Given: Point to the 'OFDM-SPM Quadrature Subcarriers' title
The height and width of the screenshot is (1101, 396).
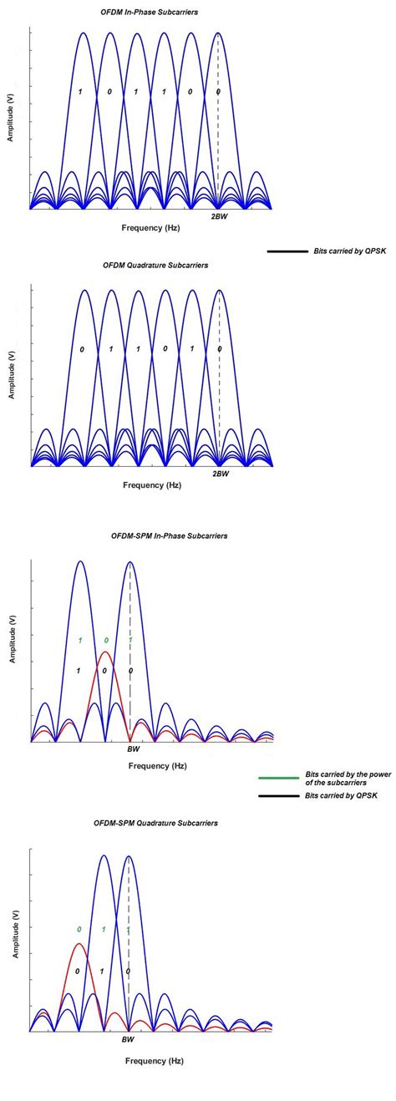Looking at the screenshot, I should [x=156, y=823].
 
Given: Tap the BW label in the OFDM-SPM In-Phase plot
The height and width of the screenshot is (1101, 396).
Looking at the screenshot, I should [x=133, y=749].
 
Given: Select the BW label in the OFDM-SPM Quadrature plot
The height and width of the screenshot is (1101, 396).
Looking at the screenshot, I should [x=128, y=1039].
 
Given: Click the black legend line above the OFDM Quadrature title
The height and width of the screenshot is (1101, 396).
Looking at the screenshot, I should [x=286, y=251].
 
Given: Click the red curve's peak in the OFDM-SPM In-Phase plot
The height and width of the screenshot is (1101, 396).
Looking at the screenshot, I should [x=105, y=652].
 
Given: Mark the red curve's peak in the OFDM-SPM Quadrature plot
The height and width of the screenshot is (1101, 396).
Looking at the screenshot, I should [x=79, y=944].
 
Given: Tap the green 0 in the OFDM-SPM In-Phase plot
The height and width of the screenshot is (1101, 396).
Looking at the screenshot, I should [x=105, y=641].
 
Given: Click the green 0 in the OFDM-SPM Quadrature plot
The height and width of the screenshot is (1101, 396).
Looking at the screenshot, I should [x=79, y=929].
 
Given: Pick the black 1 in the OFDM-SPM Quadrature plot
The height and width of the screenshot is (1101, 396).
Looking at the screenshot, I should [x=102, y=972].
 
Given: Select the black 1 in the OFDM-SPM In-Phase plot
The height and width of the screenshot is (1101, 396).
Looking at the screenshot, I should [x=79, y=671].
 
